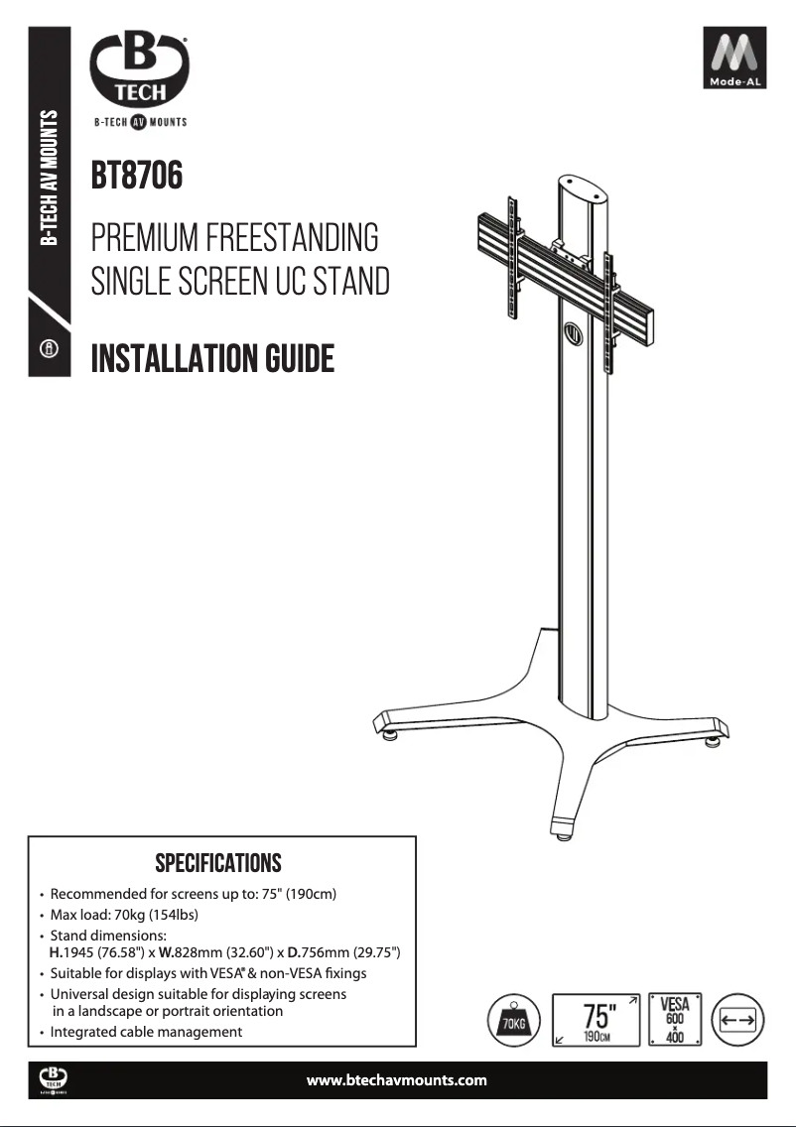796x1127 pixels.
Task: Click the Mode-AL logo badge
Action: (x=734, y=58)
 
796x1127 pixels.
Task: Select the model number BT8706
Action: (x=137, y=176)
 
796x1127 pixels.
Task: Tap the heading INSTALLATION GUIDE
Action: (x=212, y=359)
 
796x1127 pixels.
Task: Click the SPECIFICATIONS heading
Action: (x=218, y=863)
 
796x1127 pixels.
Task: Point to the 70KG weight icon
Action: (x=513, y=1020)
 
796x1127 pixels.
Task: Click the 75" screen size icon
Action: (x=597, y=1020)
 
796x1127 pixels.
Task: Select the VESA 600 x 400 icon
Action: (x=675, y=1020)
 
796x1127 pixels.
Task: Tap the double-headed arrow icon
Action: (x=737, y=1020)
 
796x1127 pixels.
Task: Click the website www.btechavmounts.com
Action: (x=396, y=1079)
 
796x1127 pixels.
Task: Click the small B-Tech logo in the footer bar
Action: (x=54, y=1080)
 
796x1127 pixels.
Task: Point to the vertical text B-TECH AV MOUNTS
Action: (x=49, y=178)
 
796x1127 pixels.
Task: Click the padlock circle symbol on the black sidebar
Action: (x=49, y=349)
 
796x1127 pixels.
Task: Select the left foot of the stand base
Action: (x=387, y=726)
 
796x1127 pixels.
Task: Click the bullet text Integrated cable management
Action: (x=146, y=1032)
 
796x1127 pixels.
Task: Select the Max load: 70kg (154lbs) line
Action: (x=124, y=915)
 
